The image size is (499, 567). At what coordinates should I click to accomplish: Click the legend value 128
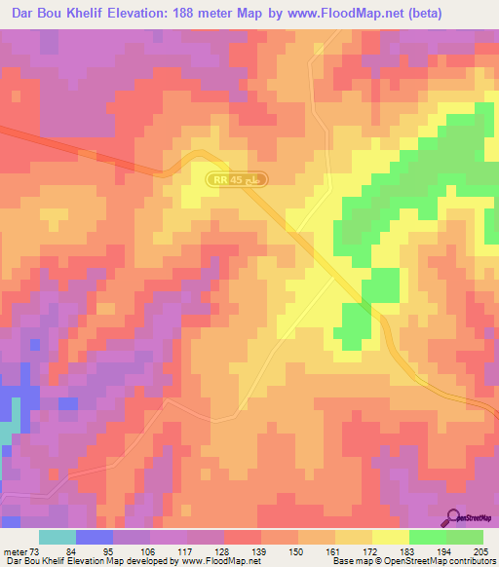224,551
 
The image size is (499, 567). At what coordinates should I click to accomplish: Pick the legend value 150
298,551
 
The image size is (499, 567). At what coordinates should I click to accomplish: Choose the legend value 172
372,551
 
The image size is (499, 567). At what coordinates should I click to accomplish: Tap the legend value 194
446,551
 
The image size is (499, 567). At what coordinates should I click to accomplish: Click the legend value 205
481,551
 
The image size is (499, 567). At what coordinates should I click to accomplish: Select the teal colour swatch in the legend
58,537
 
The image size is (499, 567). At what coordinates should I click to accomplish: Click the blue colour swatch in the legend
95,537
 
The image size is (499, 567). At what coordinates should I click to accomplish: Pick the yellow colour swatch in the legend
391,537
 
